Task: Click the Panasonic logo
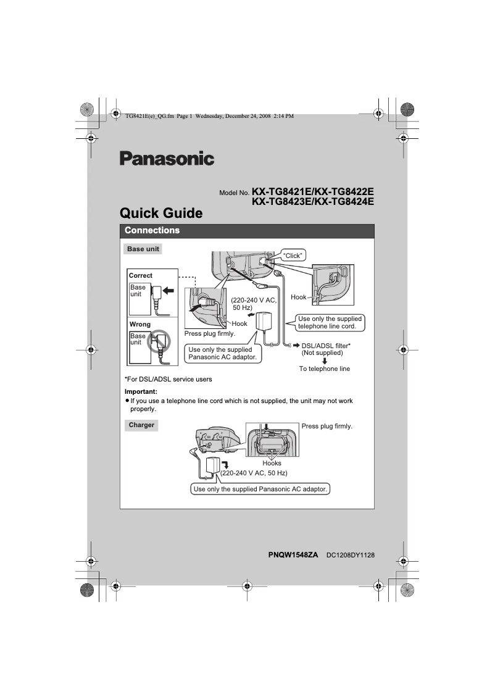(x=167, y=159)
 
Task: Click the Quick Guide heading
(x=161, y=214)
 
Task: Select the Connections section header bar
(x=247, y=231)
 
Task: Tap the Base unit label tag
(x=143, y=249)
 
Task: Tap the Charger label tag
(x=141, y=425)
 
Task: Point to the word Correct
(x=141, y=275)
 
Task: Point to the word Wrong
(x=139, y=324)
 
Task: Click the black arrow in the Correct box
(x=168, y=290)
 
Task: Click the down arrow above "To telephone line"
(x=325, y=361)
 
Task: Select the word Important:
(x=141, y=391)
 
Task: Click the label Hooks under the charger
(x=272, y=463)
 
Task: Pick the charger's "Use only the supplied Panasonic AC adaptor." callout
(x=260, y=489)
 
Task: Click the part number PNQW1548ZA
(x=293, y=556)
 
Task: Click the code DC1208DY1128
(x=351, y=556)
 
